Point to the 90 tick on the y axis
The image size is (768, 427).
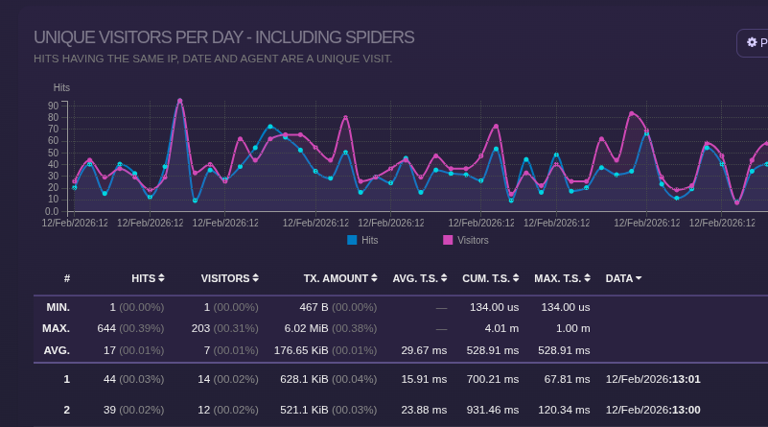click(x=54, y=106)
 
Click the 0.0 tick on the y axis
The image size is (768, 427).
click(x=51, y=210)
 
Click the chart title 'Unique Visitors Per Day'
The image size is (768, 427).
click(x=223, y=37)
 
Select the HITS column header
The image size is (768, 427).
click(x=148, y=278)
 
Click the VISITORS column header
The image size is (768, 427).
click(x=230, y=278)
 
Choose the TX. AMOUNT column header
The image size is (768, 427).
click(x=340, y=278)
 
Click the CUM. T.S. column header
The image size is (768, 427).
click(x=492, y=278)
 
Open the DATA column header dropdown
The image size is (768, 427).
click(x=623, y=278)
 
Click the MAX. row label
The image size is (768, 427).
click(x=57, y=328)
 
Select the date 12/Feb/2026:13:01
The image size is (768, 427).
click(x=653, y=379)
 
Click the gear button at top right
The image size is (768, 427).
click(x=752, y=42)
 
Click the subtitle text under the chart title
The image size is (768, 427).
click(x=213, y=59)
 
